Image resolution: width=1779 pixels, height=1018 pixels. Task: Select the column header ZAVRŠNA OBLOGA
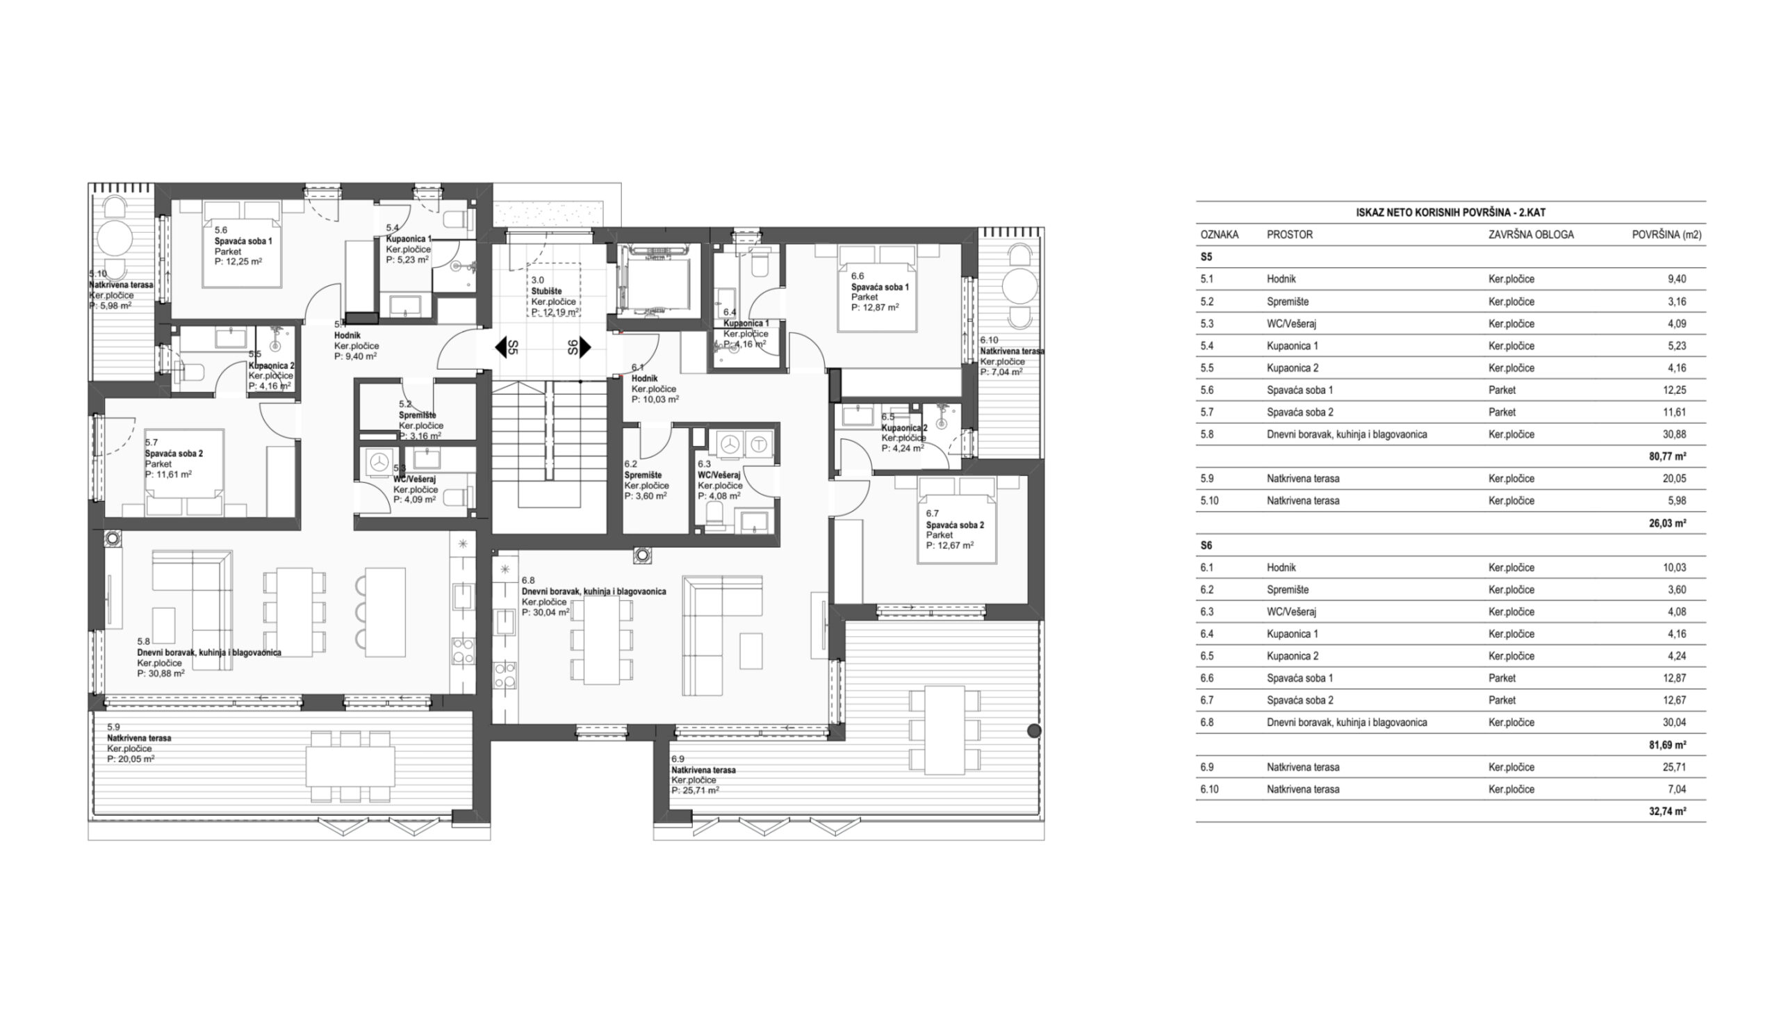[1531, 235]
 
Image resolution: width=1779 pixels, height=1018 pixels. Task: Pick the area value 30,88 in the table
[1674, 434]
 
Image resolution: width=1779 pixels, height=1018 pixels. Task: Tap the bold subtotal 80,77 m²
[1667, 457]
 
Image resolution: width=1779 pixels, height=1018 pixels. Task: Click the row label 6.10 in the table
[1209, 789]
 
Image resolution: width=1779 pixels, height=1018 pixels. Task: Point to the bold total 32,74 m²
[1667, 812]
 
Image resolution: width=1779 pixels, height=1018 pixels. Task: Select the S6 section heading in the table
[1206, 545]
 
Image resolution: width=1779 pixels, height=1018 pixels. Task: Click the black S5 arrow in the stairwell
[500, 347]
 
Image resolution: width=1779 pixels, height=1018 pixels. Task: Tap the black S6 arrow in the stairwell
[585, 347]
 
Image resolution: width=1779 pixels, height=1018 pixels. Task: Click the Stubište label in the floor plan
[546, 292]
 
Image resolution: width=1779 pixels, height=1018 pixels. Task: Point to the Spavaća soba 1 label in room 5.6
[243, 241]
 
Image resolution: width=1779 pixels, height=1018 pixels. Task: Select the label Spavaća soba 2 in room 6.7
[955, 525]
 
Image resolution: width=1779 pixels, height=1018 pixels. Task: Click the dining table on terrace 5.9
[350, 766]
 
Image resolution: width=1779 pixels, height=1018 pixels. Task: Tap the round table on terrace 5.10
[115, 239]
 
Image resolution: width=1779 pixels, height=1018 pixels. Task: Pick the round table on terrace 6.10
[1019, 286]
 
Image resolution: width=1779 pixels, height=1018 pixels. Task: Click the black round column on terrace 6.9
[1034, 731]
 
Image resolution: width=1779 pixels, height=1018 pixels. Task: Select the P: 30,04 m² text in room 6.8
[546, 612]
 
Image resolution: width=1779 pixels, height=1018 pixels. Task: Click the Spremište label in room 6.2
[643, 475]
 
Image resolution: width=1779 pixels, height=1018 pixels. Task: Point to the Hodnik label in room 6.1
[644, 379]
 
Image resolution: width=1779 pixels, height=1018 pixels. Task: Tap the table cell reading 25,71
[1674, 767]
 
